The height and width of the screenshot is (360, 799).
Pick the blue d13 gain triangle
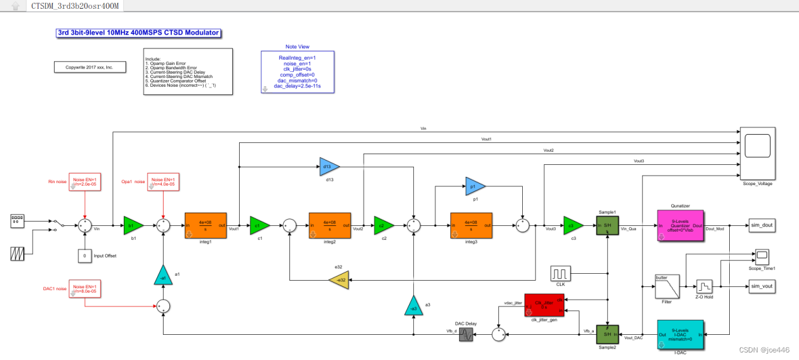tap(328, 167)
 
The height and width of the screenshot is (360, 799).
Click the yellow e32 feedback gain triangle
tap(338, 280)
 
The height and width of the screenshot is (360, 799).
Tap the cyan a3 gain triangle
tap(413, 305)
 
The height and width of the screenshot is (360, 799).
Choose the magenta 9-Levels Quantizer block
tap(680, 225)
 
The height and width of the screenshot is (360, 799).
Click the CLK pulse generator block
tap(560, 274)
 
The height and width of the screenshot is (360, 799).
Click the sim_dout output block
tap(761, 225)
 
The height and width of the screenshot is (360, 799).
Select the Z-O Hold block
tap(704, 286)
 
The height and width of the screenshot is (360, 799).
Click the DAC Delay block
tap(466, 335)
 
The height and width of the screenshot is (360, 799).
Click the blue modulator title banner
tap(138, 33)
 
